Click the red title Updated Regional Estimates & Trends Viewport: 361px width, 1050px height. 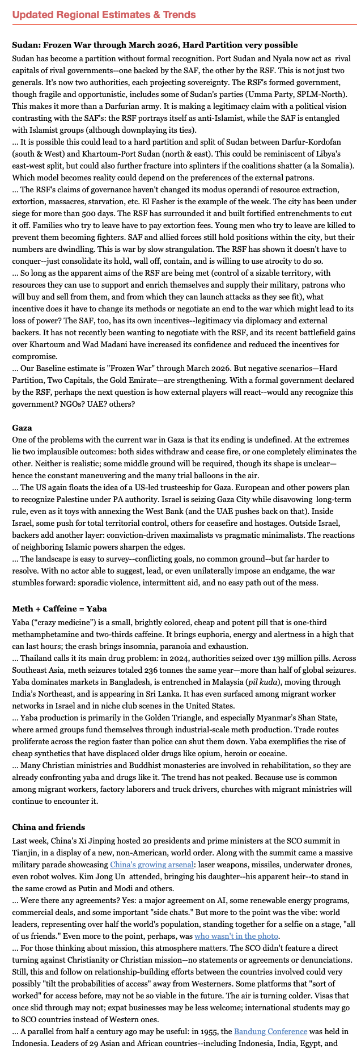pos(104,14)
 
